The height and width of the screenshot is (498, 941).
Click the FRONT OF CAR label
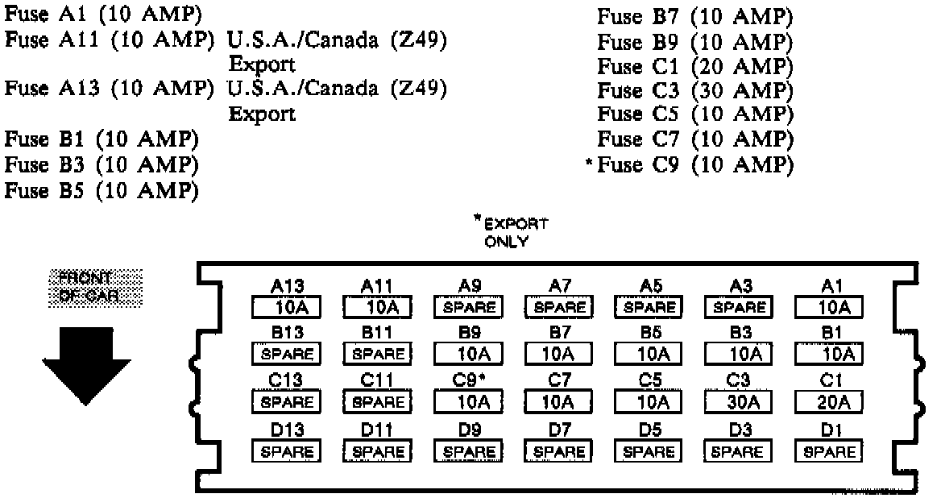(x=90, y=286)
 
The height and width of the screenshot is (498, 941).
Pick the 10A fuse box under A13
(x=286, y=307)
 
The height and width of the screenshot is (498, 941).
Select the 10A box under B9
(x=467, y=354)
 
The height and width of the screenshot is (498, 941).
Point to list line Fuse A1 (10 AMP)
(x=103, y=17)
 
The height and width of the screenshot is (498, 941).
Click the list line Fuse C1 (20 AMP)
(x=695, y=65)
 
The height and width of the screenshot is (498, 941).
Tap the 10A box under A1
(x=828, y=307)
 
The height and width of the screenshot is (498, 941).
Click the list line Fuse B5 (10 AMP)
(x=102, y=191)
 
